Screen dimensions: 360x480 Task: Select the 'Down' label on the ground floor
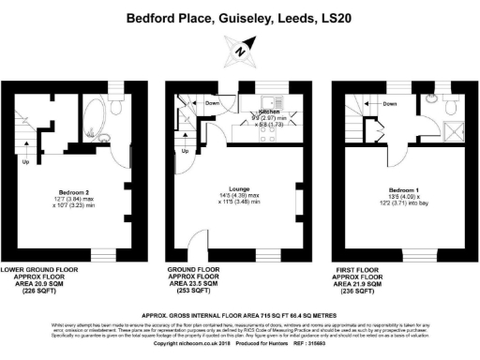(x=212, y=103)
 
